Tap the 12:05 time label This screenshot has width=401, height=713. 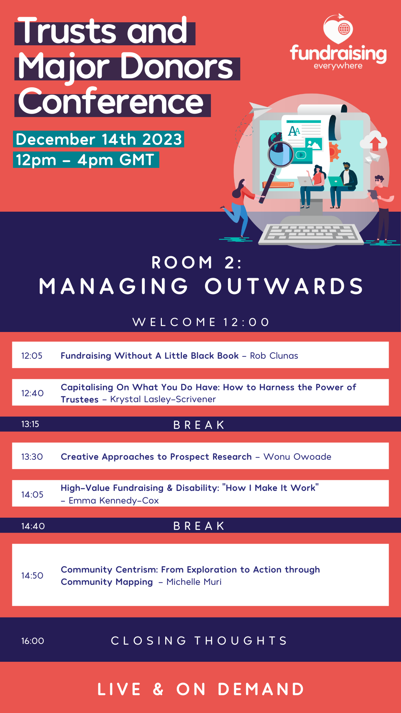tap(32, 356)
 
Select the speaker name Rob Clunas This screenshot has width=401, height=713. tap(274, 356)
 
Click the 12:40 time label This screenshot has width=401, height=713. tap(32, 393)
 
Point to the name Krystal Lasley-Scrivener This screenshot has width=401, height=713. tap(163, 399)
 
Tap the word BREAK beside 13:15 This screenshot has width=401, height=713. tap(199, 425)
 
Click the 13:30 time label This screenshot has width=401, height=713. tap(32, 457)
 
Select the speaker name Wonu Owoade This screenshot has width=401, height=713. tap(297, 457)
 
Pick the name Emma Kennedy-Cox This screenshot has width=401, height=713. tap(114, 501)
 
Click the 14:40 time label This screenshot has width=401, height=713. tap(33, 526)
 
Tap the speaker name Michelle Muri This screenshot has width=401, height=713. tap(194, 582)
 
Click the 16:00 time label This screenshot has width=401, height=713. tap(33, 641)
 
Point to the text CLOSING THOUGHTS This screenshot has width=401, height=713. tap(199, 641)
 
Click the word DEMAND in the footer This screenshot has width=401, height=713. tap(261, 689)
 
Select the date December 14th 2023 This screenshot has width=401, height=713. tap(99, 139)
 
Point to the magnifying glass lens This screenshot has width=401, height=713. tap(281, 153)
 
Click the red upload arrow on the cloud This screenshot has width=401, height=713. tap(375, 143)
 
